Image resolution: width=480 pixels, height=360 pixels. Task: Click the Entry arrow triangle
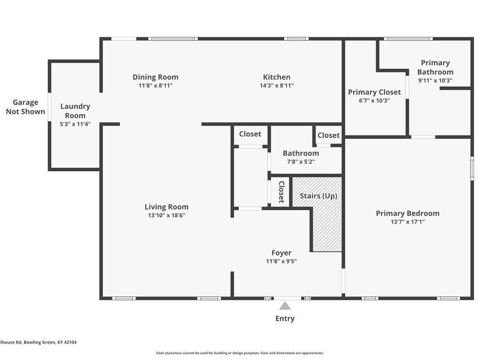(x=285, y=306)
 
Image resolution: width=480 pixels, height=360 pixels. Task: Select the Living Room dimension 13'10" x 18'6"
(x=166, y=215)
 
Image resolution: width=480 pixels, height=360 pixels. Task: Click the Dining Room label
(x=155, y=77)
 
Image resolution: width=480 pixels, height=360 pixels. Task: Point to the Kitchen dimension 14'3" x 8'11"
(x=277, y=85)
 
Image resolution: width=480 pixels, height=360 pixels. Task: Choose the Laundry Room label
(x=75, y=110)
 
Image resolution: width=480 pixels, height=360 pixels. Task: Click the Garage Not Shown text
(x=26, y=107)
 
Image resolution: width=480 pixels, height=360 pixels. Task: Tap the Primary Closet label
(x=374, y=92)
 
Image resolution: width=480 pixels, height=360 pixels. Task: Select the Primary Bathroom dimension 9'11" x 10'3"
(x=435, y=81)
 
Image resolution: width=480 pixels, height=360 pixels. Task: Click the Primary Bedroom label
(x=407, y=213)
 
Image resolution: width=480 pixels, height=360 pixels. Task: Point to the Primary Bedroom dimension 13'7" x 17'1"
(x=407, y=221)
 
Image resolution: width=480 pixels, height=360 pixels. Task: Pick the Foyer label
(x=281, y=253)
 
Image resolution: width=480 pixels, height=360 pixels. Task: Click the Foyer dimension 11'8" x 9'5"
(x=281, y=261)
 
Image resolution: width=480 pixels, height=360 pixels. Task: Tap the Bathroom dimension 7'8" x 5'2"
(x=301, y=162)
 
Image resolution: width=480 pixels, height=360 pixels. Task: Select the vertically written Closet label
(x=281, y=192)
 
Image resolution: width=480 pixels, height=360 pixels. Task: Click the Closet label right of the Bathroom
(x=329, y=135)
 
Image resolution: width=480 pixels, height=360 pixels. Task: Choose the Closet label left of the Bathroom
(x=250, y=134)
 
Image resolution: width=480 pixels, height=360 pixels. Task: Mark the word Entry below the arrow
(x=285, y=318)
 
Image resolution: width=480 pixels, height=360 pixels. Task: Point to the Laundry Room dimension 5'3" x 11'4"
(x=75, y=124)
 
